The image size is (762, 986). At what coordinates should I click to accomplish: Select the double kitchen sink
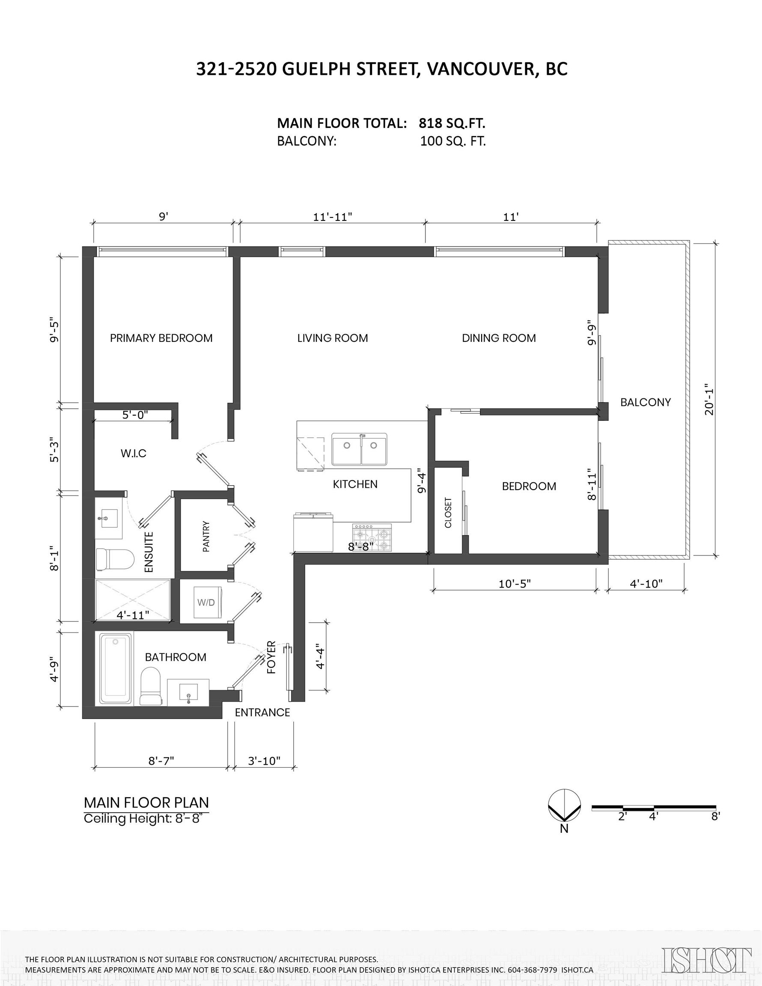[360, 449]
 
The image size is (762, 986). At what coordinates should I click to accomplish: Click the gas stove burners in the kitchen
[372, 537]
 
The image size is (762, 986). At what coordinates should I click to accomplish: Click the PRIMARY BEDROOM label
[161, 338]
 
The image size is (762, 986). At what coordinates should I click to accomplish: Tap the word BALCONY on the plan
[645, 402]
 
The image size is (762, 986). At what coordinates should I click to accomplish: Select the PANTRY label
[206, 536]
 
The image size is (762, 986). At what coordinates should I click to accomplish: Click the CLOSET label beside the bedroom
[448, 512]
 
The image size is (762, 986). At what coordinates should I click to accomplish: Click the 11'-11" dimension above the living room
[333, 217]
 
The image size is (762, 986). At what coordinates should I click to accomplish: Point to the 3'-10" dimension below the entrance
[264, 761]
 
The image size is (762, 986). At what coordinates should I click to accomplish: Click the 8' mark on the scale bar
[715, 816]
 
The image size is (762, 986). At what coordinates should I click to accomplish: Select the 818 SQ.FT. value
[452, 123]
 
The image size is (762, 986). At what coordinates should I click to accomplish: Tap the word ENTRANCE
[262, 713]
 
